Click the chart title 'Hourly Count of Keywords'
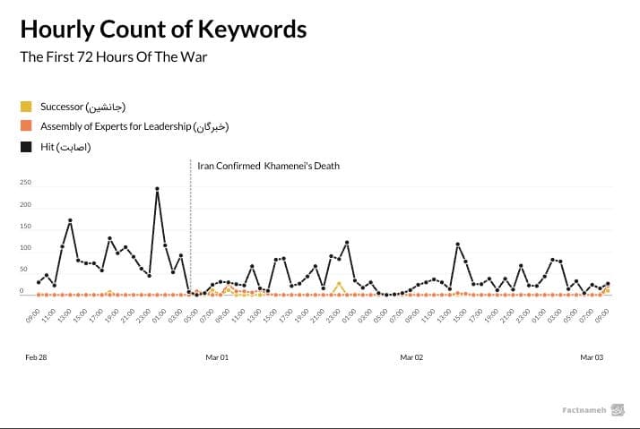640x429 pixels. (163, 30)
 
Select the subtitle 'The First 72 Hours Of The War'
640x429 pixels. (120, 57)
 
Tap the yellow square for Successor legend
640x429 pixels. (27, 107)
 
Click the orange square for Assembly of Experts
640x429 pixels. (27, 126)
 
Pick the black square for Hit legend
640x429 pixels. (27, 146)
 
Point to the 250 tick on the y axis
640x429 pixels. (25, 183)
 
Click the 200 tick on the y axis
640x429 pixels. (25, 205)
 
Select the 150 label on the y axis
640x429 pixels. (25, 227)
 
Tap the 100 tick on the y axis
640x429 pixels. (25, 248)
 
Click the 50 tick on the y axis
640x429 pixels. (26, 270)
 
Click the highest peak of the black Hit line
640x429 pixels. (158, 189)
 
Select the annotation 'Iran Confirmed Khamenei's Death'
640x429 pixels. (268, 167)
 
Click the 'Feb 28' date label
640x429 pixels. (36, 356)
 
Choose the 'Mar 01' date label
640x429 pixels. (217, 356)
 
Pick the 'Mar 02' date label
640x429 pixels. (411, 356)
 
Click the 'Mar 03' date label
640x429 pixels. (592, 356)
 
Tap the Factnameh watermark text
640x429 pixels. (584, 410)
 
